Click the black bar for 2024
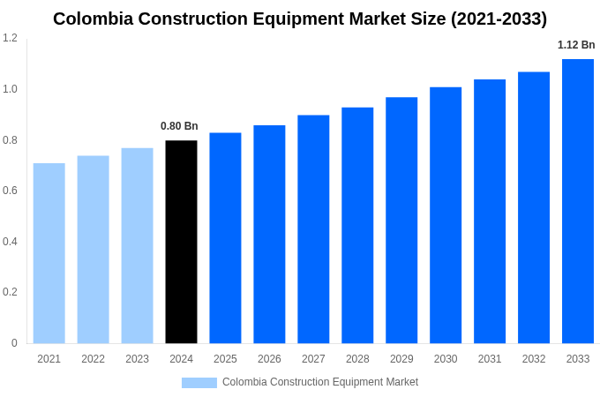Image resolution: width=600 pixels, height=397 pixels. pyautogui.click(x=181, y=242)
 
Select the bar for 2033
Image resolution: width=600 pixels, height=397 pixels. pyautogui.click(x=578, y=201)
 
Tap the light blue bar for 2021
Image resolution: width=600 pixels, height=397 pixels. pyautogui.click(x=49, y=253)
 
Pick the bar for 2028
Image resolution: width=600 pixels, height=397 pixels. pyautogui.click(x=357, y=225)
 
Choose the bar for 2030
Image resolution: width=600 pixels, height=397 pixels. pyautogui.click(x=446, y=215)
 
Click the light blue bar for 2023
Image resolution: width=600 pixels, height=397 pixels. pyautogui.click(x=137, y=245)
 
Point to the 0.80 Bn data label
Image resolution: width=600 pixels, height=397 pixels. pyautogui.click(x=179, y=126)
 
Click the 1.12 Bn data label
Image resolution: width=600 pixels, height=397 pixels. pyautogui.click(x=576, y=45)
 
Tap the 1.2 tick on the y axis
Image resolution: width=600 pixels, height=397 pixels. pyautogui.click(x=10, y=38)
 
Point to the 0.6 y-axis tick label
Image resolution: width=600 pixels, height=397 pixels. pyautogui.click(x=10, y=191)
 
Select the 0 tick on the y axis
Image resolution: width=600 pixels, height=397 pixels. pyautogui.click(x=14, y=343)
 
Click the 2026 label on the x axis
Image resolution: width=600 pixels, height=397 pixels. pyautogui.click(x=269, y=359)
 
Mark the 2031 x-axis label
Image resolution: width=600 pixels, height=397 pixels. pyautogui.click(x=490, y=359)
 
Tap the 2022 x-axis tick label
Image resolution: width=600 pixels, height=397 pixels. pyautogui.click(x=93, y=359)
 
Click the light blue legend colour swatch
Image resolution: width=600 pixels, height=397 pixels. pyautogui.click(x=199, y=382)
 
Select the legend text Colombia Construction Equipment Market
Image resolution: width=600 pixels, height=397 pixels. pyautogui.click(x=320, y=382)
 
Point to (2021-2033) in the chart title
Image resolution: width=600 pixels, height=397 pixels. pyautogui.click(x=499, y=19)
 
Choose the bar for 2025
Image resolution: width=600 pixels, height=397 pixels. pyautogui.click(x=225, y=238)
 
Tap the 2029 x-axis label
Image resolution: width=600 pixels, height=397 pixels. pyautogui.click(x=401, y=359)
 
